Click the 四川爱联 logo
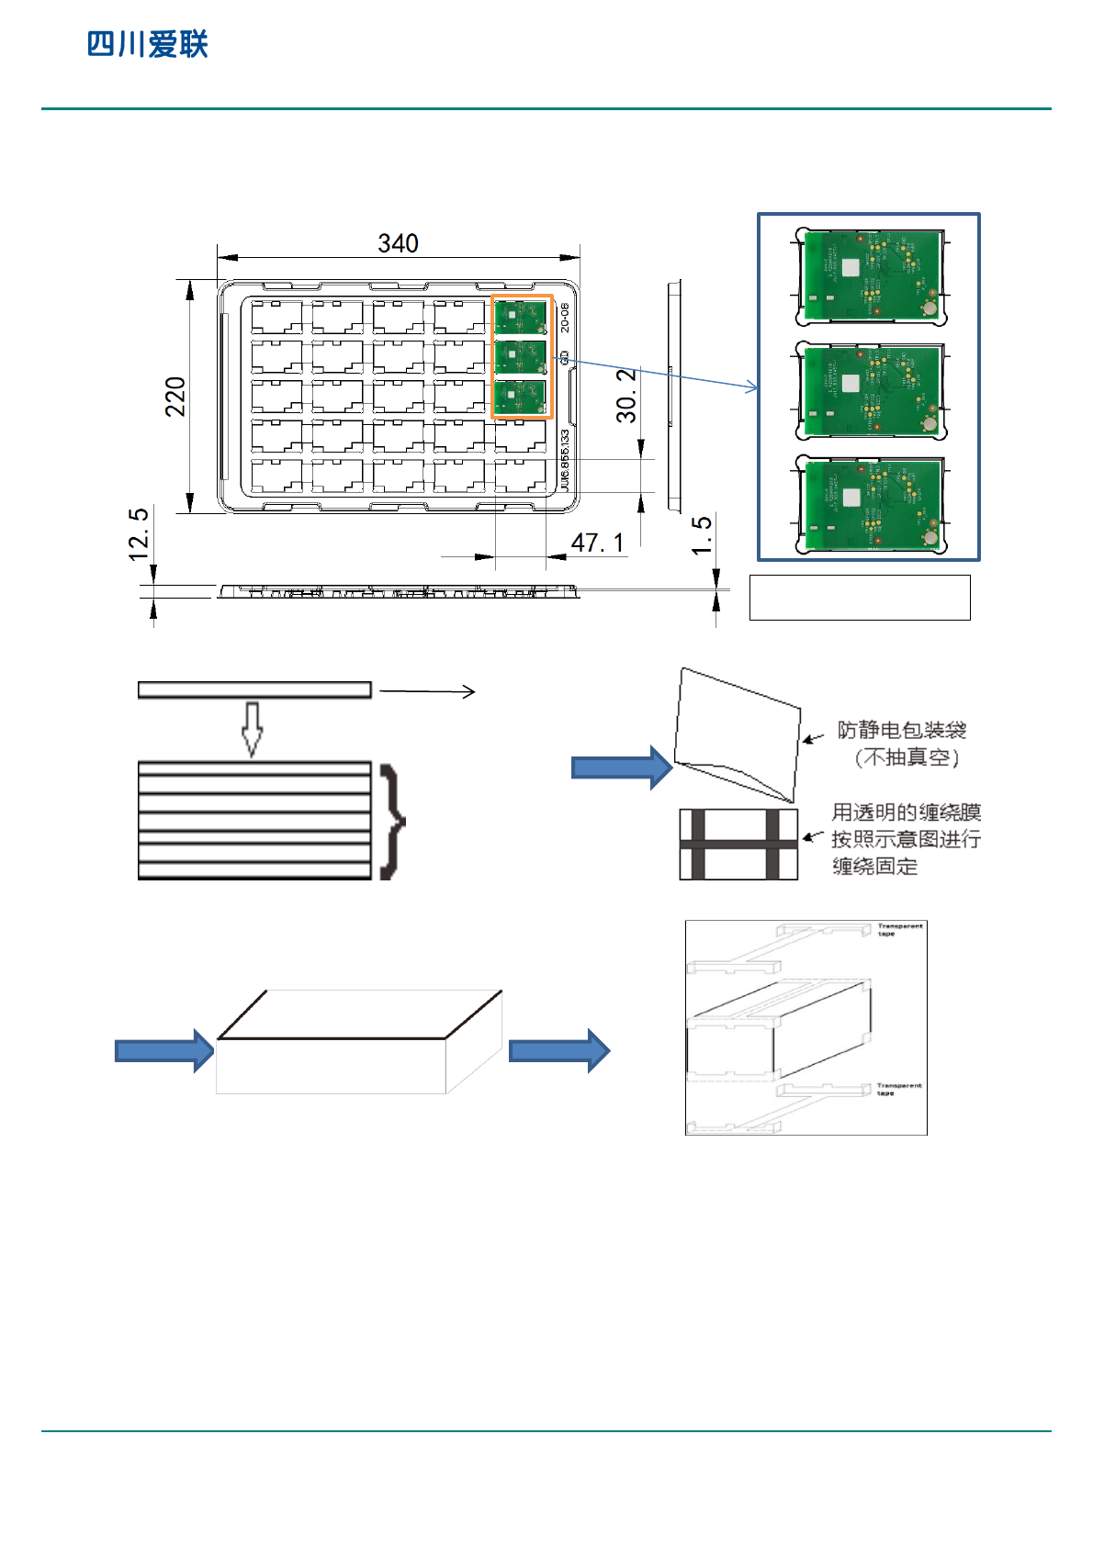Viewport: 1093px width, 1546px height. pyautogui.click(x=148, y=44)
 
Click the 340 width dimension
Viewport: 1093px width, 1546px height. pyautogui.click(x=398, y=243)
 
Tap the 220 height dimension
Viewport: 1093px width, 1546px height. pyautogui.click(x=175, y=397)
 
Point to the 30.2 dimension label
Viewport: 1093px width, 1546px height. pyautogui.click(x=626, y=396)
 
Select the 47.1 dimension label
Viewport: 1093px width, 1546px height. pyautogui.click(x=597, y=543)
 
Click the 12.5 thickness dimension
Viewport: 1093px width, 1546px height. pyautogui.click(x=139, y=534)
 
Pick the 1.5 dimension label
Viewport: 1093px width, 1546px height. pyautogui.click(x=702, y=535)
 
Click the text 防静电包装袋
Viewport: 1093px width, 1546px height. pyautogui.click(x=902, y=731)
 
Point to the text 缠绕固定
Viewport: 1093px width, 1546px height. pyautogui.click(x=874, y=867)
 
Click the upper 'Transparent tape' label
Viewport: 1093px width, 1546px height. pyautogui.click(x=899, y=930)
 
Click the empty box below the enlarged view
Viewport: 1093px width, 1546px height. pyautogui.click(x=860, y=598)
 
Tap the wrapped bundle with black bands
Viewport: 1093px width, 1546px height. pyautogui.click(x=738, y=844)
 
